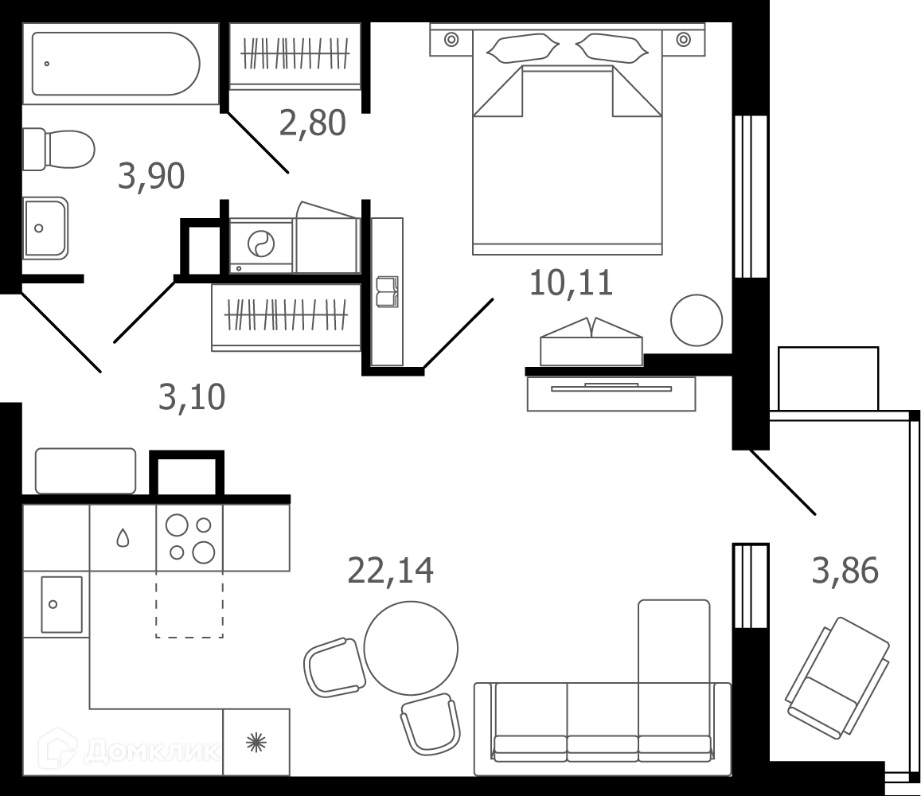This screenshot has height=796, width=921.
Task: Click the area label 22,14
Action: (x=391, y=571)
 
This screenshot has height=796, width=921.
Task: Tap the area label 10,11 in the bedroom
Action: (x=571, y=283)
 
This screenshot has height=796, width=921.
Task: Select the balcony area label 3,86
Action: (x=845, y=571)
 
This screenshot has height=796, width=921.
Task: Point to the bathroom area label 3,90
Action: (x=151, y=176)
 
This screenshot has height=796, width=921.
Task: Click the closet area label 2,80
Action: (x=313, y=123)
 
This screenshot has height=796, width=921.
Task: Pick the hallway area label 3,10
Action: (x=192, y=397)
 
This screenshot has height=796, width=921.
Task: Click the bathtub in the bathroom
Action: (x=115, y=64)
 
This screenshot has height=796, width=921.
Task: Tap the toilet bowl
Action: (x=59, y=149)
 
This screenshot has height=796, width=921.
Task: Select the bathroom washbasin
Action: (x=45, y=228)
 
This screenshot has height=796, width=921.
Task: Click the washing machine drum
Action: (x=261, y=244)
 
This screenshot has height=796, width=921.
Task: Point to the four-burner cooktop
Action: (x=189, y=537)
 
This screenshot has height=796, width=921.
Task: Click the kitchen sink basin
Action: (x=61, y=604)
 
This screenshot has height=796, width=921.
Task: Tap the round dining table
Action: (x=411, y=648)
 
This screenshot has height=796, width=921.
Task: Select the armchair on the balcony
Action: (x=837, y=677)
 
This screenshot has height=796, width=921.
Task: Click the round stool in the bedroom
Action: (x=697, y=320)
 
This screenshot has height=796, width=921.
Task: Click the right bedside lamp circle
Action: (x=683, y=39)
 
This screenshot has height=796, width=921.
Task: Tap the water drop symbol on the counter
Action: (x=123, y=537)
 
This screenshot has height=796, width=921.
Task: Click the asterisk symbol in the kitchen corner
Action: (x=256, y=743)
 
